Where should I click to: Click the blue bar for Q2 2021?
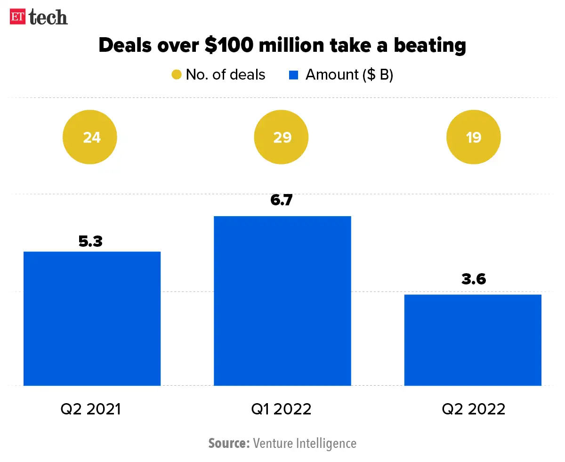point(92,318)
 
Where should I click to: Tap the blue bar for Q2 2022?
point(473,340)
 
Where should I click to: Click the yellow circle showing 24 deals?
point(90,138)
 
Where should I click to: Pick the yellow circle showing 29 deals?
point(281,138)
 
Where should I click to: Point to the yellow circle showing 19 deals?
point(473,138)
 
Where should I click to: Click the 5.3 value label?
point(90,241)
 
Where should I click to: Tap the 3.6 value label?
point(473,279)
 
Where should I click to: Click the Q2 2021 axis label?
point(91,409)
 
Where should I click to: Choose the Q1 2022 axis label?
point(282,409)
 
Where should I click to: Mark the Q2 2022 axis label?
point(473,409)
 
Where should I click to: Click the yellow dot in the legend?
point(176,75)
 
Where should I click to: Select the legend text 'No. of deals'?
point(226,75)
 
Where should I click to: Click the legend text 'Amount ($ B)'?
point(349,75)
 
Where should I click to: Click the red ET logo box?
point(18,17)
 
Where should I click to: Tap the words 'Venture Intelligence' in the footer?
point(305,443)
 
